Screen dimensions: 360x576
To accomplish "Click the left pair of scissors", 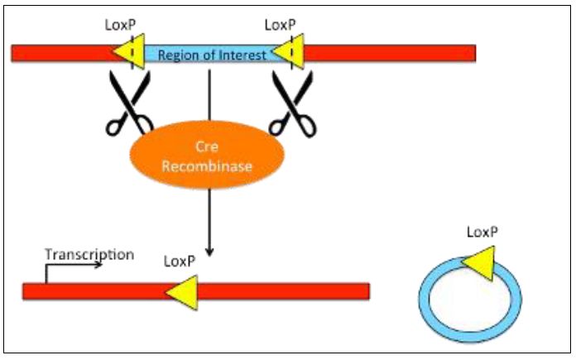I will pos(128,103).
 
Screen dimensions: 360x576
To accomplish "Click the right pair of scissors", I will pos(294,103).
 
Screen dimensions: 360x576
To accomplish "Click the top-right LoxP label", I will pos(281,26).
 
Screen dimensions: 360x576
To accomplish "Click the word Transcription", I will pos(89,254).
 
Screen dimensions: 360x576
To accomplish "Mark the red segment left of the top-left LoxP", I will pos(62,54).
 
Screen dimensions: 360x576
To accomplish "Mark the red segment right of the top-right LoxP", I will pos(389,54).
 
